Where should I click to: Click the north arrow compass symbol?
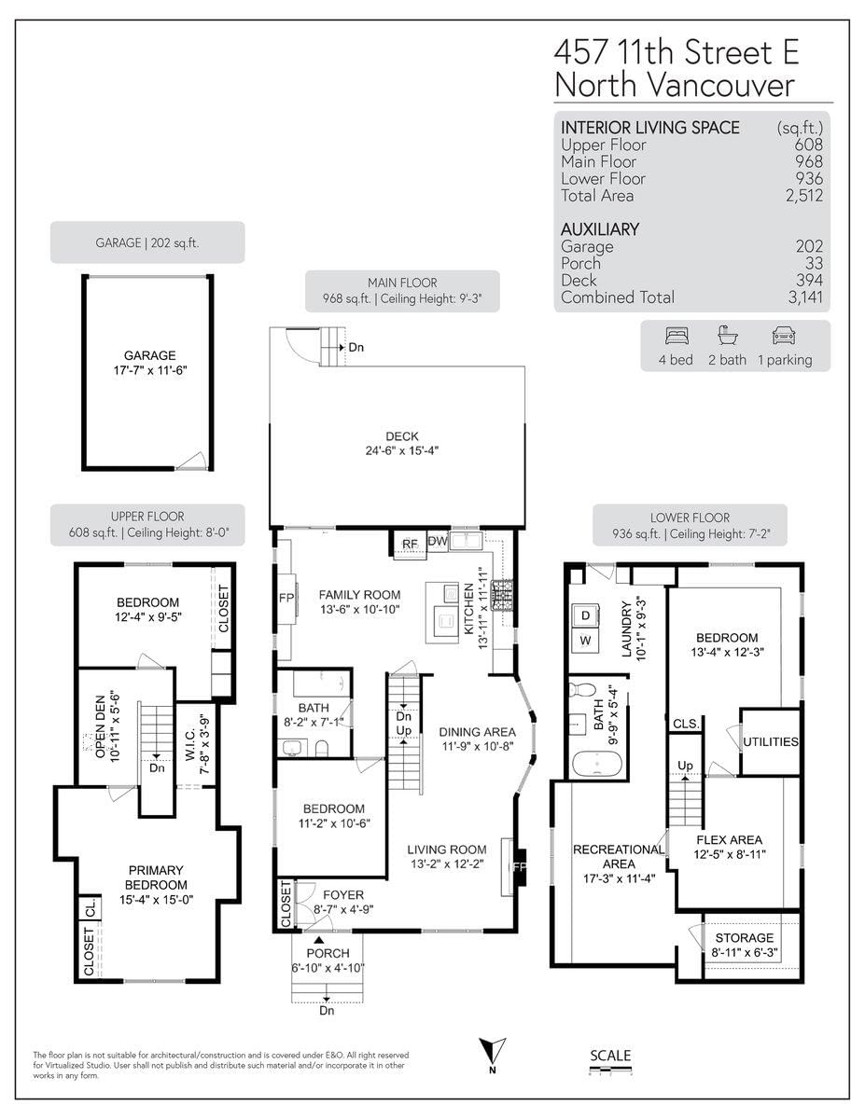(493, 1051)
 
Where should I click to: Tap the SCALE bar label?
(610, 1056)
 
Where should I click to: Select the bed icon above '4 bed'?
(677, 336)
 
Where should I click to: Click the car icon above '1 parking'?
(784, 336)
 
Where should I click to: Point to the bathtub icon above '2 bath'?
(727, 336)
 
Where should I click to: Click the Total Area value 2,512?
(803, 196)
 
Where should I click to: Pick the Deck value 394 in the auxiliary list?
(809, 280)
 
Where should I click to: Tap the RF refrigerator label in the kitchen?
(410, 544)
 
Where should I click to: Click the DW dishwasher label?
(438, 541)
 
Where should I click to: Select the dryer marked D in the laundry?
(585, 615)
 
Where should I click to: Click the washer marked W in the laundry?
(585, 640)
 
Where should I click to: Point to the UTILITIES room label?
(770, 741)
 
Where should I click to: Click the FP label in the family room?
(286, 598)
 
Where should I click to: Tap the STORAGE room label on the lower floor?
(745, 938)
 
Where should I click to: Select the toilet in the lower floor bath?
(581, 689)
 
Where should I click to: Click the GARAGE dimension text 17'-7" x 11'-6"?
(150, 370)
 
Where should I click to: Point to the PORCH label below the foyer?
(328, 953)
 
